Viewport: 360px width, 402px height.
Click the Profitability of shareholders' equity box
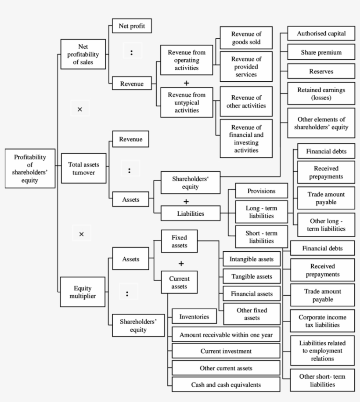[x=29, y=168]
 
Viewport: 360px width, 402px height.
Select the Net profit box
[x=132, y=26]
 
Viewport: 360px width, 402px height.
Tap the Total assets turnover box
[x=83, y=168]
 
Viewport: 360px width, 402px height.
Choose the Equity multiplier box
[x=83, y=292]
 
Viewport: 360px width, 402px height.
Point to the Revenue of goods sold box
[x=246, y=38]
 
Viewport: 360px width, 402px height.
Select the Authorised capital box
[x=321, y=34]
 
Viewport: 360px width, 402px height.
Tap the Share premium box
[x=321, y=52]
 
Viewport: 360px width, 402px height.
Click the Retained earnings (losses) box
[x=321, y=93]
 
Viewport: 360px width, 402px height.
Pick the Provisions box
[x=261, y=191]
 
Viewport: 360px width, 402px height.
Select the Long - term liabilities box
[x=261, y=212]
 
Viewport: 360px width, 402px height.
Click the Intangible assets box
[x=251, y=259]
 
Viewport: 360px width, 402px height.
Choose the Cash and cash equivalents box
[x=226, y=384]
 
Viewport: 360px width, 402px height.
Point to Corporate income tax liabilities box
[x=322, y=321]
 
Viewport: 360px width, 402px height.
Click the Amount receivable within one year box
[x=226, y=335]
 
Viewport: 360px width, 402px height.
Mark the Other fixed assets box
[x=252, y=314]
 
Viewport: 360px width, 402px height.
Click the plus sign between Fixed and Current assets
[x=181, y=264]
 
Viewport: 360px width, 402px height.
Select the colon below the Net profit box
[x=131, y=53]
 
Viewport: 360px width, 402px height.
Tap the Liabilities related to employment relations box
[x=322, y=351]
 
